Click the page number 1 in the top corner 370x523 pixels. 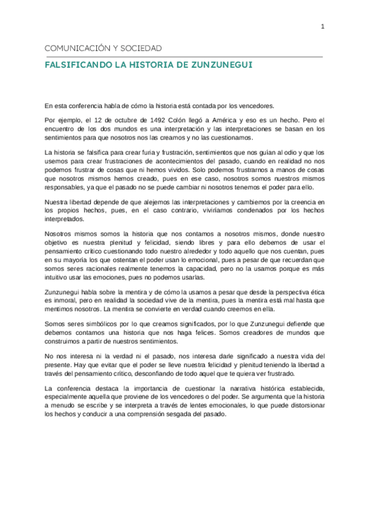(x=323, y=27)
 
